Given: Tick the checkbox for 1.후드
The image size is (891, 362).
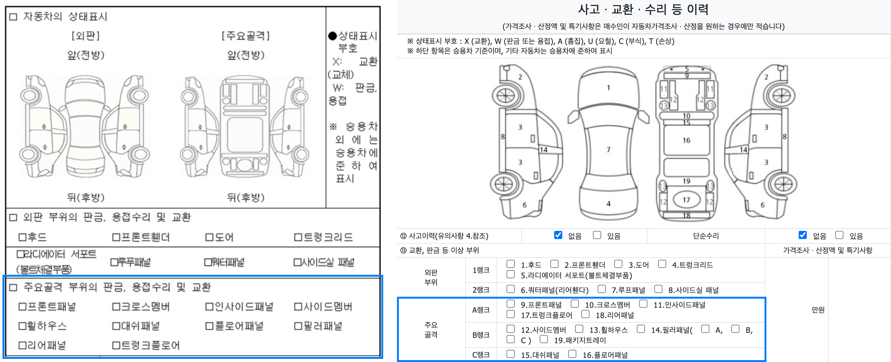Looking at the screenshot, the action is [x=510, y=264].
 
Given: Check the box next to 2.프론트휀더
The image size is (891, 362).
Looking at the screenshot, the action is [x=554, y=264].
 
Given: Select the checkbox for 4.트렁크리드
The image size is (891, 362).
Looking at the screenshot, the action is [x=662, y=264].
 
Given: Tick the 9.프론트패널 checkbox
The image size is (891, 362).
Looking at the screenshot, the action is [x=510, y=304].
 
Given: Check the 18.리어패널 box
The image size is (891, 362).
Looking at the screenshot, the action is [x=585, y=314].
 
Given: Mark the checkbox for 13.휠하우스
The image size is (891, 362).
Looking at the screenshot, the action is [x=579, y=329].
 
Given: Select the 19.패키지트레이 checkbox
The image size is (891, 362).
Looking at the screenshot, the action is [x=544, y=339].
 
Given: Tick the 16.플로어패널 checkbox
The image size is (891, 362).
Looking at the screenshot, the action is [x=572, y=354].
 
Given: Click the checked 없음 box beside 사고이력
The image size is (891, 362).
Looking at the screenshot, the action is [x=558, y=235].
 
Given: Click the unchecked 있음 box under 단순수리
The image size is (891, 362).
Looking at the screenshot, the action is [x=839, y=235].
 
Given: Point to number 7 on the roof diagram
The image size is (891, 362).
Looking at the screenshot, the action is [x=608, y=150].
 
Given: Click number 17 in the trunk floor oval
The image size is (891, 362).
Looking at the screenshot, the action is [x=686, y=200].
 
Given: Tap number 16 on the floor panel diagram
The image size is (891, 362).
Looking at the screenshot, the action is [x=686, y=140].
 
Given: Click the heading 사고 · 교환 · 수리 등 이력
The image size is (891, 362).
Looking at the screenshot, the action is [x=643, y=9].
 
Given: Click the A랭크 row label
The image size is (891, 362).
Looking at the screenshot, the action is [x=481, y=310].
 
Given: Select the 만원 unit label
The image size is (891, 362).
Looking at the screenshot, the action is [x=818, y=310].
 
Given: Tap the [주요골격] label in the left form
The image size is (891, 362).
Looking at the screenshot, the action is [x=245, y=36].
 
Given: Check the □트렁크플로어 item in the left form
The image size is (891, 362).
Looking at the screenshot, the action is [x=146, y=345].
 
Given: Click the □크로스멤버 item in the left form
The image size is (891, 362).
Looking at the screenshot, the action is [x=141, y=306].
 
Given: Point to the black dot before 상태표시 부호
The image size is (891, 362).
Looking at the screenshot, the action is [x=332, y=36].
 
